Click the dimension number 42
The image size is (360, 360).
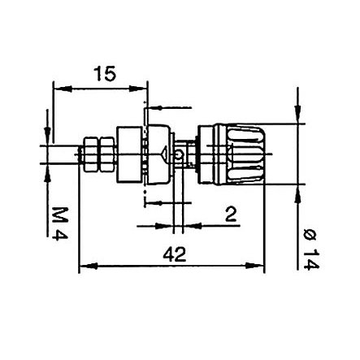point(171,254)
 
